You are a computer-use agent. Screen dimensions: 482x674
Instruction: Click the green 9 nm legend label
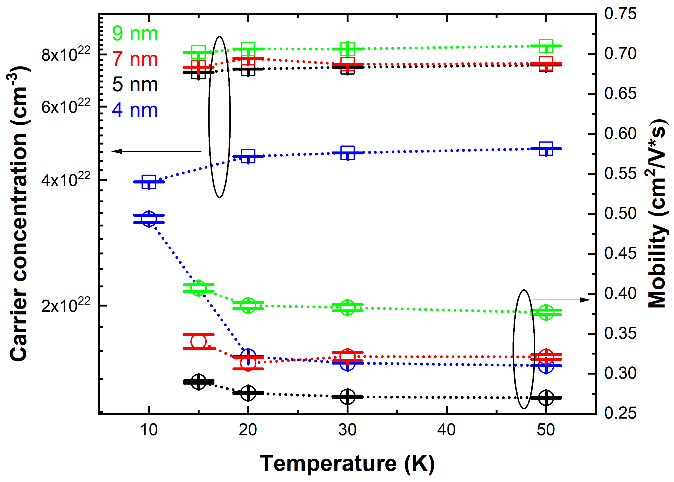(135, 34)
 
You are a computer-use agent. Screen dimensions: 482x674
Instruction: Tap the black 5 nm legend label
(135, 85)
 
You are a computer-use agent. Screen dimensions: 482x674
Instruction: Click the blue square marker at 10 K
(149, 182)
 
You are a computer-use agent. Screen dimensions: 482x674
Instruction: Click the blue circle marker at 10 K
(149, 219)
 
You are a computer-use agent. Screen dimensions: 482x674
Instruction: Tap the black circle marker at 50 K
(546, 397)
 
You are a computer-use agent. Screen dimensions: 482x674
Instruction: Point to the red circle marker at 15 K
(198, 342)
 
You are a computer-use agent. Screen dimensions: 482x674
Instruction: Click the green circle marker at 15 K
(198, 288)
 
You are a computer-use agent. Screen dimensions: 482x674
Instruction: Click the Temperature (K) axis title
(347, 463)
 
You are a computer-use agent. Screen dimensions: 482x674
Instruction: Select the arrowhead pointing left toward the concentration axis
(116, 151)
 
